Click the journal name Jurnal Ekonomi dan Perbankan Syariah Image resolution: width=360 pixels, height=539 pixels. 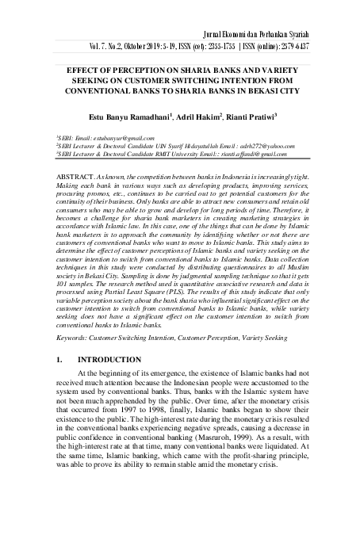point(277,36)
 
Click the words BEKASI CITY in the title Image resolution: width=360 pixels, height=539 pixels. point(273,90)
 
